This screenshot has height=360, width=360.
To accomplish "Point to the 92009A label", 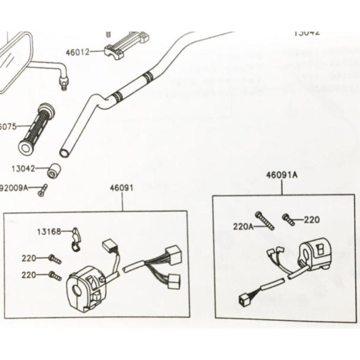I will point(14,188).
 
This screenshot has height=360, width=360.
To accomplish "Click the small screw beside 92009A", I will point(43,190).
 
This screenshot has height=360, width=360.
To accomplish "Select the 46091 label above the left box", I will point(122,188).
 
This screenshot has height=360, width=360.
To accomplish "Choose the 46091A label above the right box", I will point(282,175).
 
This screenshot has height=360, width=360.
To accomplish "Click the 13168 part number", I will point(49,231).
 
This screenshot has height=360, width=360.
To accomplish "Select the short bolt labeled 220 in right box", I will point(288,218).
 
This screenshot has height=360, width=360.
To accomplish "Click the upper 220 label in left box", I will point(29,258).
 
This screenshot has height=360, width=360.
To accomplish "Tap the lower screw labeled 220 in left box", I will point(54,276).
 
